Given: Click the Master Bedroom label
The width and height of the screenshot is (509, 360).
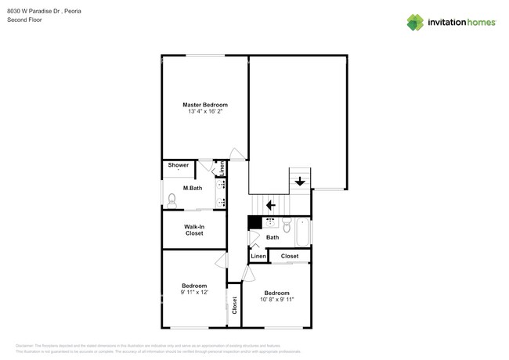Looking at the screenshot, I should pos(205,105).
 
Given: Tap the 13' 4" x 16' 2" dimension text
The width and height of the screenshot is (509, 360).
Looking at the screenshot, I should pos(205,112).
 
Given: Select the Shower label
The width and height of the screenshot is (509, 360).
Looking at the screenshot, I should pos(179,165).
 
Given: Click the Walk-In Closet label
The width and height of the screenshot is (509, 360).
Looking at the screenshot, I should pos(194,230).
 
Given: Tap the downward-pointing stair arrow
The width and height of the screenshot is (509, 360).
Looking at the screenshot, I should pos(300,182).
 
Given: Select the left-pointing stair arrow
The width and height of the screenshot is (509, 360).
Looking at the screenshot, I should pos(270,205).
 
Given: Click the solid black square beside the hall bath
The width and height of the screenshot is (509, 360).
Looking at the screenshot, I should pos(254,222).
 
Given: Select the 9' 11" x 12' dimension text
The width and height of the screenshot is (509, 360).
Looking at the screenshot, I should pos(194,293).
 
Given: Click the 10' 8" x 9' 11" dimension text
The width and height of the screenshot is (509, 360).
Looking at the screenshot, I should pos(276,299).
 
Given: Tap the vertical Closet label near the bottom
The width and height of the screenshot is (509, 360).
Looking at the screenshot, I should pos(234,305).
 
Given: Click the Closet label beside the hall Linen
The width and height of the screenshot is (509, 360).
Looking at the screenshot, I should pos(290,256).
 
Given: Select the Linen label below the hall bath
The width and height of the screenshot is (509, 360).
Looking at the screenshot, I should pos(258,256).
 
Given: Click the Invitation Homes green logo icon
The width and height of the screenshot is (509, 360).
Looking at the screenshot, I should pos(415,22).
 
